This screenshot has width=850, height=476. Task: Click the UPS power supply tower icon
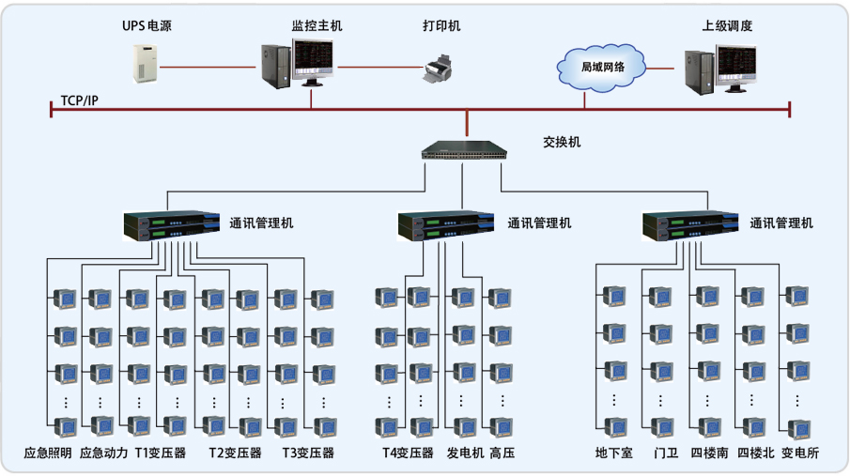point(147,63)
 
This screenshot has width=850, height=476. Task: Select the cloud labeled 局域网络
point(602,67)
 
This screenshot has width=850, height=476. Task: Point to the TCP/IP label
point(79,100)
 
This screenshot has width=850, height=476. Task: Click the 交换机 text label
point(562,143)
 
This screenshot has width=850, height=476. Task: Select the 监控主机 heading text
point(317,26)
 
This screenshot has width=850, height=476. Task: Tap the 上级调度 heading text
point(727,26)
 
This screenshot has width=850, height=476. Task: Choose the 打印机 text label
point(441,26)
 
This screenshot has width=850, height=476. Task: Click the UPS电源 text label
point(147,26)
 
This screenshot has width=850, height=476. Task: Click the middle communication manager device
point(445,226)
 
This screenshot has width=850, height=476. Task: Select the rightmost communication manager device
point(688,226)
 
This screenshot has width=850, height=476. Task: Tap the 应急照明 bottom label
point(48,453)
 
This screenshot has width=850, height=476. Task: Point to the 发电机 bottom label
point(465,453)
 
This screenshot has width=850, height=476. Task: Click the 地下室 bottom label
point(614,453)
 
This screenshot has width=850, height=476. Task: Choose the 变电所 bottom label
point(799,453)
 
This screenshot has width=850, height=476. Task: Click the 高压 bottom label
point(503,453)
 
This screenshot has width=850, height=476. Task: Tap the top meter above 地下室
point(614,298)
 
